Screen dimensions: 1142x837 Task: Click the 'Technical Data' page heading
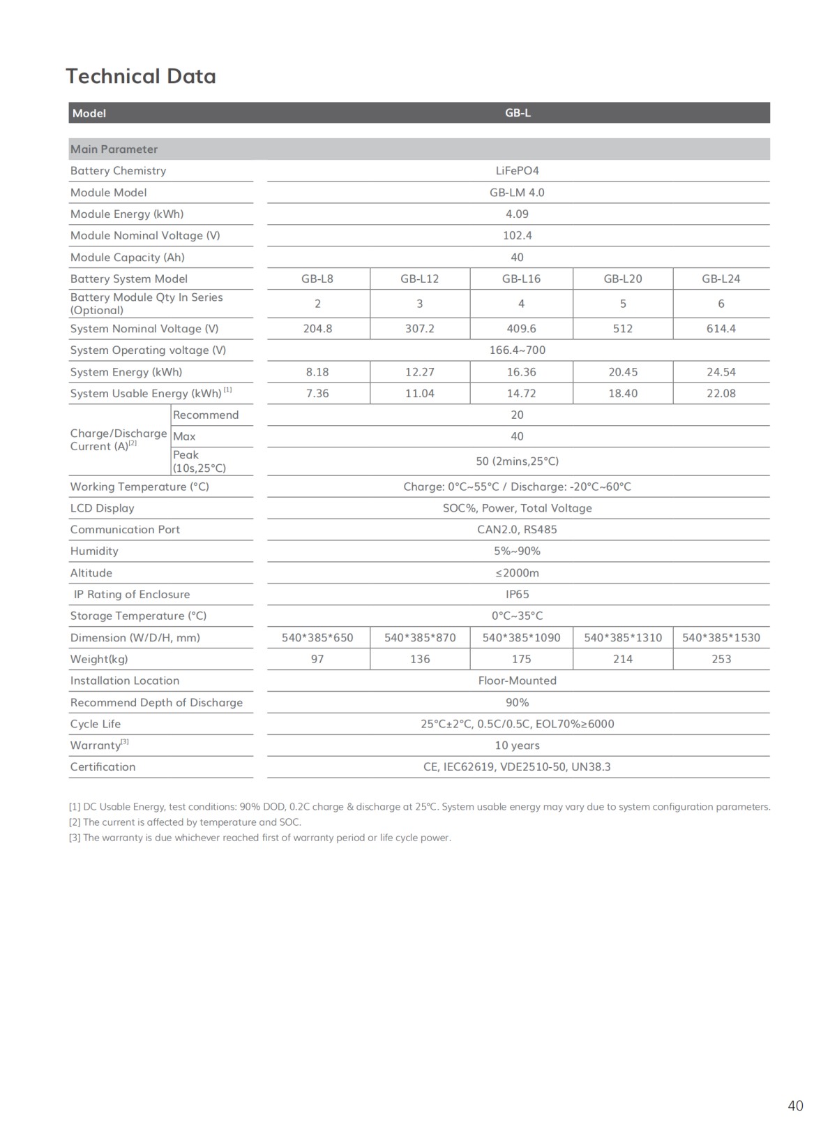tap(141, 76)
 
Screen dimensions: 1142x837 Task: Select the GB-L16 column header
tap(521, 279)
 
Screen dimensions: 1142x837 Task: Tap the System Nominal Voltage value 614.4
tap(721, 329)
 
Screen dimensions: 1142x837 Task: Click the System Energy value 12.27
tap(420, 372)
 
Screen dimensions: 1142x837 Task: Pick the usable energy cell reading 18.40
tap(623, 394)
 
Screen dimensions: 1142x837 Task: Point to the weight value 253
tap(721, 659)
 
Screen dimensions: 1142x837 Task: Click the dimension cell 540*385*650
tap(317, 637)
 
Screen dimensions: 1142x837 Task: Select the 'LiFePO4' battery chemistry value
tap(517, 171)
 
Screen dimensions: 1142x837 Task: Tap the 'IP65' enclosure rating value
tap(517, 595)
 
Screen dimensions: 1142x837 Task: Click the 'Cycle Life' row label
tap(96, 724)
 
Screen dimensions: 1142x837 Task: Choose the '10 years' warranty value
tap(517, 746)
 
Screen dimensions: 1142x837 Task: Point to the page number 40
tap(795, 1106)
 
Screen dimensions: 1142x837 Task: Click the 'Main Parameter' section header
tap(114, 149)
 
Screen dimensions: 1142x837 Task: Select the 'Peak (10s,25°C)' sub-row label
tap(199, 461)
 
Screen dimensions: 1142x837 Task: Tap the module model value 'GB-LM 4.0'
tap(517, 193)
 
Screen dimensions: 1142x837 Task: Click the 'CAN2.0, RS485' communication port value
tap(517, 530)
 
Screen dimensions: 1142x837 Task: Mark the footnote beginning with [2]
tap(185, 822)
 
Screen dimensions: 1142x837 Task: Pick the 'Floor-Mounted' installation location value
tap(517, 681)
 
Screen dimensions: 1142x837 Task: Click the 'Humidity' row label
tap(94, 551)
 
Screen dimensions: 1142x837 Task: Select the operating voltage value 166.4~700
tap(517, 350)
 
